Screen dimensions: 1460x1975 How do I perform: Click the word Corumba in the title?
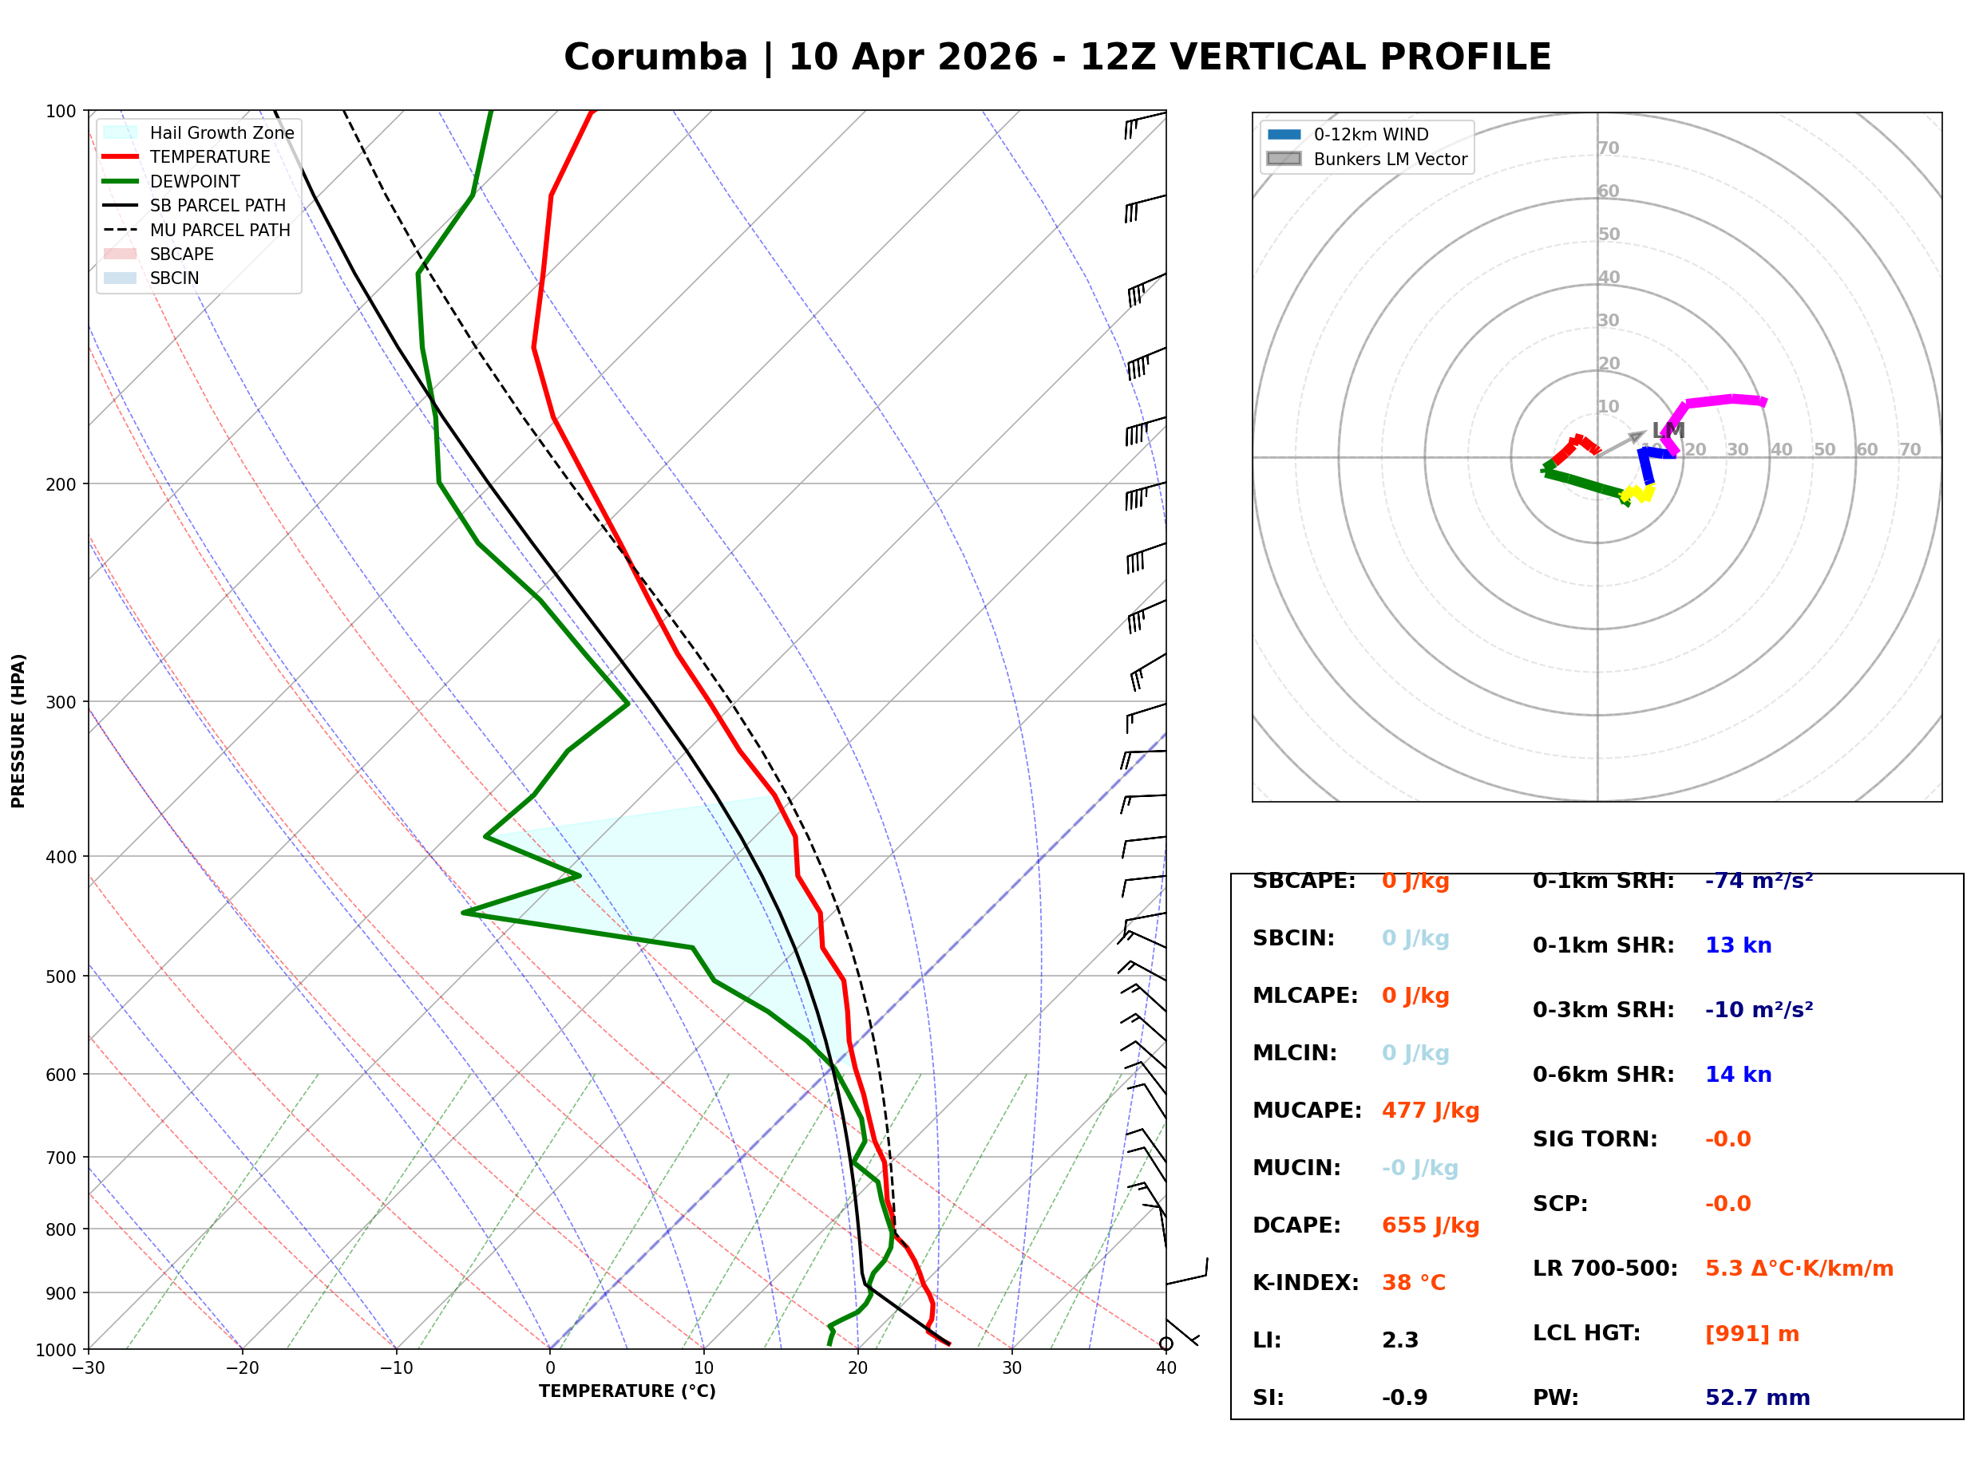655,57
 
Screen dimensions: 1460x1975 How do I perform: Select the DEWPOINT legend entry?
195,181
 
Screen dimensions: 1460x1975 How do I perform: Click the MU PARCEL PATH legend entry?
220,230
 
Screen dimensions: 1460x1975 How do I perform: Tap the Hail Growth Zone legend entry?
221,132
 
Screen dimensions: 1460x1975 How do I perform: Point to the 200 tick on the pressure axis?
61,484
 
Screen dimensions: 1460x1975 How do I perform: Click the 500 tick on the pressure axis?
61,977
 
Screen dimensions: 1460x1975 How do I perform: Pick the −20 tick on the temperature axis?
241,1368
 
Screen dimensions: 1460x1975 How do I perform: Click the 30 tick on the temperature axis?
1011,1368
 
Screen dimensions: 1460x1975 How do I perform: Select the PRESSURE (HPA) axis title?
18,731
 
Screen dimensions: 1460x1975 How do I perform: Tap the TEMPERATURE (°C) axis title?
627,1391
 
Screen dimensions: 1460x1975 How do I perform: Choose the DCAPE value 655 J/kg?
1430,1225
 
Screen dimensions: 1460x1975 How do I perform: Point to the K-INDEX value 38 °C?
1413,1283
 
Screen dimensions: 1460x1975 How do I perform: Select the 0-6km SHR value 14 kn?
1737,1075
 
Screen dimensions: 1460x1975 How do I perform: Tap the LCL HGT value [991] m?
1751,1334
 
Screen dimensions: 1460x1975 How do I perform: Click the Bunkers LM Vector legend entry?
1389,159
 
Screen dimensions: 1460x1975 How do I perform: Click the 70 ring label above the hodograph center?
1608,148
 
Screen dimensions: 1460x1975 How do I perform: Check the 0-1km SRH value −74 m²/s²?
1759,881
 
